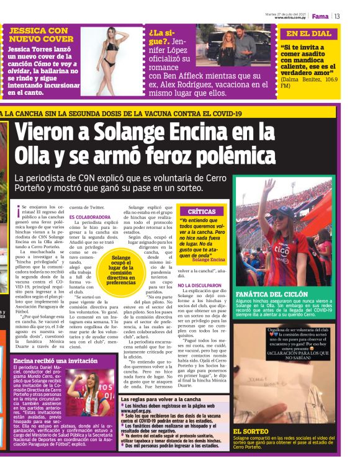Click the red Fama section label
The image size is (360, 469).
click(x=320, y=16)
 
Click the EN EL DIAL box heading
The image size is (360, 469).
click(x=308, y=33)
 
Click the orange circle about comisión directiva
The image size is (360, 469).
click(x=130, y=269)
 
